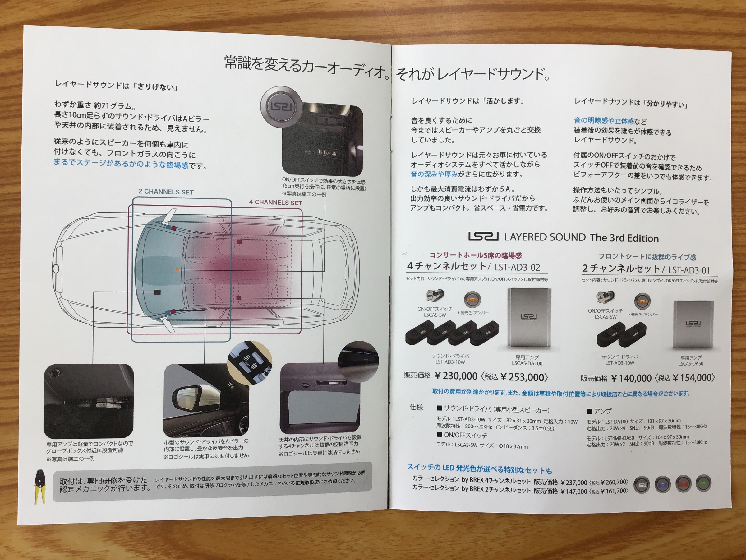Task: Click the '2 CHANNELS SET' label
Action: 166,192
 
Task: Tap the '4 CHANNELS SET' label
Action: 275,203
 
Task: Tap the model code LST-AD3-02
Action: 517,267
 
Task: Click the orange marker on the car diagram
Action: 177,270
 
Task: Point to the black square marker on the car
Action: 157,292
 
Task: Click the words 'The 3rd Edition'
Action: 624,238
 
